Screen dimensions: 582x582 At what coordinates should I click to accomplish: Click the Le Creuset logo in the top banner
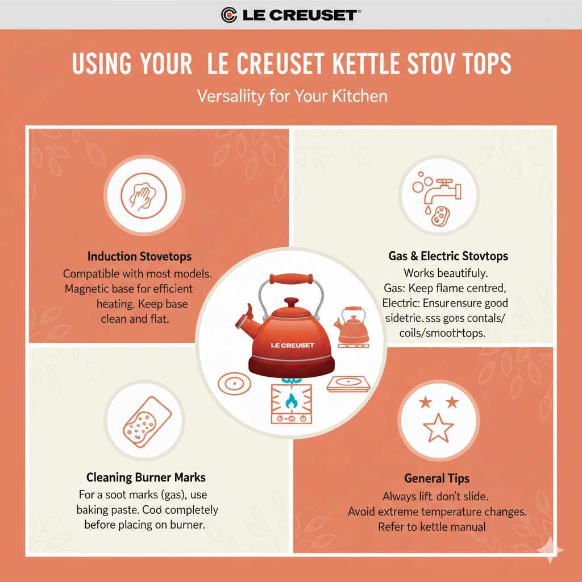(x=290, y=14)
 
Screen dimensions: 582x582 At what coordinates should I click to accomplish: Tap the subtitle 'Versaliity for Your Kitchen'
(x=292, y=95)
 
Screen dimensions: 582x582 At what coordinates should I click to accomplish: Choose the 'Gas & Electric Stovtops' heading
(x=448, y=256)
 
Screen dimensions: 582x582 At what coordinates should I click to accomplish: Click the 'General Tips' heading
(x=436, y=478)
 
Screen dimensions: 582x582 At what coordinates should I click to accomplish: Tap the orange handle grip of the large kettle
(x=292, y=280)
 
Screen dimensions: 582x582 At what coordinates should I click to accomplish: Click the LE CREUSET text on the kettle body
(x=292, y=345)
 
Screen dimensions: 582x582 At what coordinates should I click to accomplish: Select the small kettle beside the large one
(x=353, y=327)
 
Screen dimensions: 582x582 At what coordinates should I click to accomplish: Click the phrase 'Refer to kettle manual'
(x=432, y=527)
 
